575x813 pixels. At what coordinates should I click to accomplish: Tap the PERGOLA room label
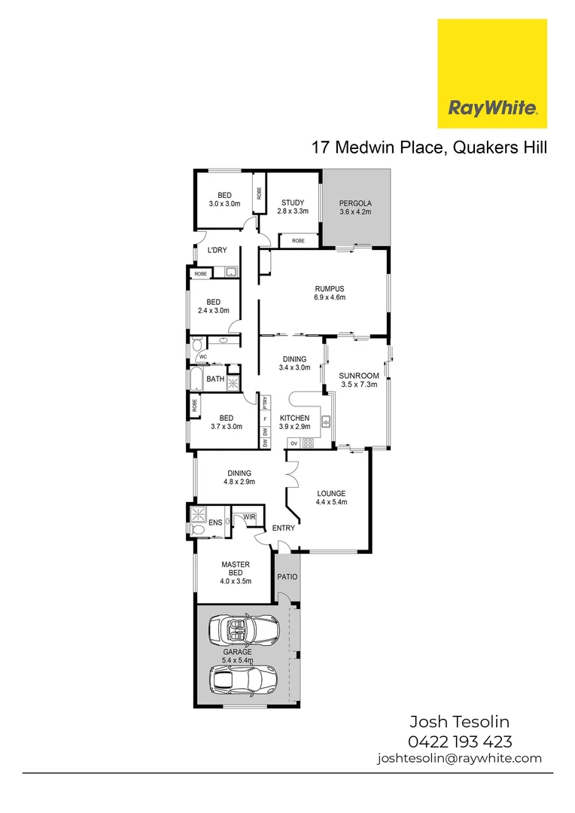[355, 208]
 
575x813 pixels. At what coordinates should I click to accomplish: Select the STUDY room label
[293, 207]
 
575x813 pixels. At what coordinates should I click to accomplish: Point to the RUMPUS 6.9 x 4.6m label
[329, 292]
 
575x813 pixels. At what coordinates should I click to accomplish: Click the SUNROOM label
[353, 379]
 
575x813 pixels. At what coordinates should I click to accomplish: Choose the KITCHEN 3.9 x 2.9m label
[294, 422]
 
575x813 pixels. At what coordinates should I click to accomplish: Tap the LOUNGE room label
[331, 498]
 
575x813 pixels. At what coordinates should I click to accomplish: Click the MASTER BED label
[235, 572]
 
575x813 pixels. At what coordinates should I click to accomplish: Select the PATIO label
[287, 577]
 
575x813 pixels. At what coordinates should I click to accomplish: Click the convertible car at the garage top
[242, 629]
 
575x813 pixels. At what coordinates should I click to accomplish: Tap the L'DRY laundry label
[218, 250]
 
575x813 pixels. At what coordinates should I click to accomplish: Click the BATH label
[215, 379]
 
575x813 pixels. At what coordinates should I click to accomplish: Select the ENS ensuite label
[214, 522]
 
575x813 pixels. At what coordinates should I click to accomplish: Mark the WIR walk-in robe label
[249, 516]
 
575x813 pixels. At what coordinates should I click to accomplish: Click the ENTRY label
[284, 528]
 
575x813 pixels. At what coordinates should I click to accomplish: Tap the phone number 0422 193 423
[459, 741]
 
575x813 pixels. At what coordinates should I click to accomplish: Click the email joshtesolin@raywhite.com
[459, 759]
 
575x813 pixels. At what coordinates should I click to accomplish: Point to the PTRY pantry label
[265, 400]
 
